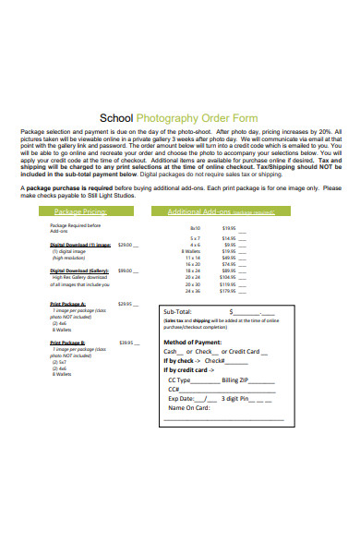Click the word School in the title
tap(115, 119)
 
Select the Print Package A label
tap(67, 304)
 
